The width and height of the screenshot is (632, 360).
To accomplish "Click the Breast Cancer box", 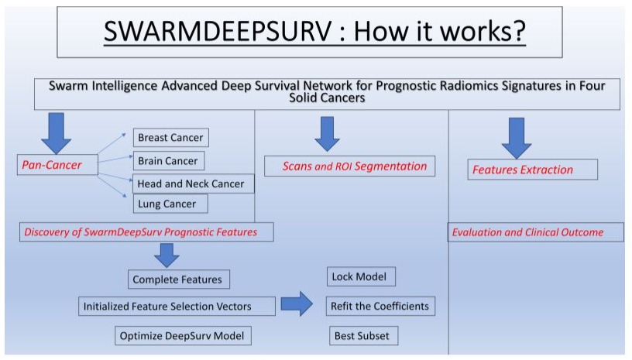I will coord(170,138).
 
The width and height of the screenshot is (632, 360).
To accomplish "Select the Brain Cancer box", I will coord(168,161).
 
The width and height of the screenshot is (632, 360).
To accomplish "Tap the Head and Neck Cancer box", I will coord(190,183).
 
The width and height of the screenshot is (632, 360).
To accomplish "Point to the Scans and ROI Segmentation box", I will coord(349,166).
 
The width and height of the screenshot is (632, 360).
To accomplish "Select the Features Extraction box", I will coord(533,170).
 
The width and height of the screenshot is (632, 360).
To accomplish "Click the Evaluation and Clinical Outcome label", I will coord(537,231).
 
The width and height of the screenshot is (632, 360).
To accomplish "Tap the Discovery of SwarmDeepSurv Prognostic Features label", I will coord(140,231).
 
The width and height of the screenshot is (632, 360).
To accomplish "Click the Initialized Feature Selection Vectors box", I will coord(177,306).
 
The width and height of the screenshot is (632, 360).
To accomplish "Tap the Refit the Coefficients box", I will coord(380,306).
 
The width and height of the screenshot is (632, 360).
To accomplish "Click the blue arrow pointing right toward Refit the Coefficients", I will coord(299,304).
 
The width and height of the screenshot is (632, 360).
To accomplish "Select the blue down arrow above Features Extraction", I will coord(516,137).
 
